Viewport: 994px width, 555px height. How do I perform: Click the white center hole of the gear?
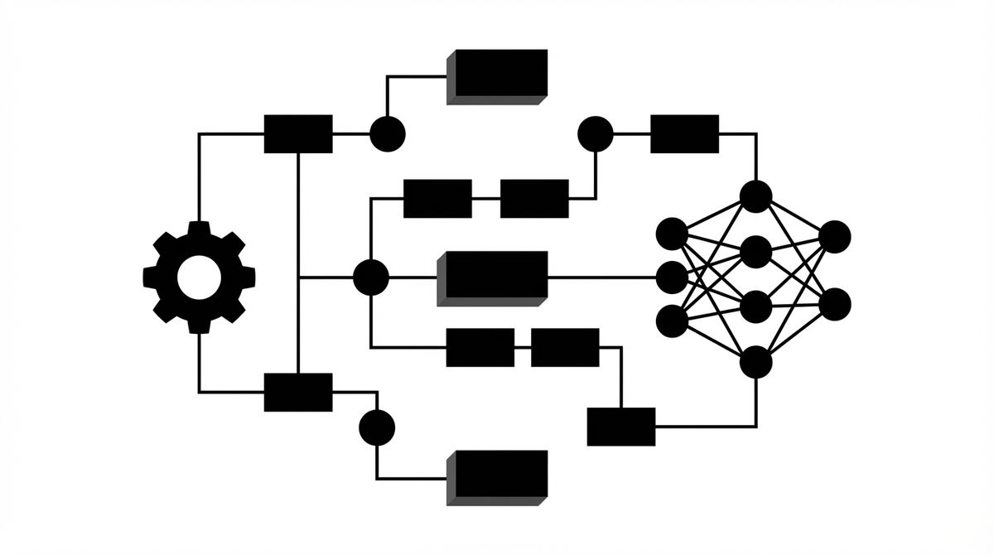(x=199, y=277)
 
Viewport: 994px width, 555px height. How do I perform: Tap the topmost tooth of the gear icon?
(x=199, y=229)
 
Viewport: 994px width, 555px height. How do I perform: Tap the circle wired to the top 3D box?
(x=387, y=133)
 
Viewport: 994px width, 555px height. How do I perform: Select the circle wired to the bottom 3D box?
(x=377, y=427)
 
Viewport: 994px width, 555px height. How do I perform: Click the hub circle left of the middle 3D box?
(x=370, y=277)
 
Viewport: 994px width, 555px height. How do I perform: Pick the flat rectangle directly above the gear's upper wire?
(x=298, y=133)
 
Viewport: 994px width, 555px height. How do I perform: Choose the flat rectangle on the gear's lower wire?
(x=298, y=392)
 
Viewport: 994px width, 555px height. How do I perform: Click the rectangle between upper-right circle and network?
(x=684, y=133)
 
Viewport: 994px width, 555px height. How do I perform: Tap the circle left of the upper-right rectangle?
(x=595, y=133)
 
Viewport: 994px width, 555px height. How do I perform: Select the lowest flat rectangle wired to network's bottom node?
(x=621, y=427)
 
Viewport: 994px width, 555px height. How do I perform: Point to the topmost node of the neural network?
(x=755, y=196)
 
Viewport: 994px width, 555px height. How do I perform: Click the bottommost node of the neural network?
(x=755, y=362)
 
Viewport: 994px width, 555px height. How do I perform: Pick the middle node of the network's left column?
(x=671, y=277)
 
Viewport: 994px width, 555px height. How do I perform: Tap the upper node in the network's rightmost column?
(x=834, y=236)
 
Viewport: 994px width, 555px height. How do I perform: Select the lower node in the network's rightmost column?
(x=834, y=304)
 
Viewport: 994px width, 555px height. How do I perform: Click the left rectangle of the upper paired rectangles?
(x=437, y=198)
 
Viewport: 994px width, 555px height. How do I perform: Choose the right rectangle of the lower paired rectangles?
(x=565, y=347)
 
